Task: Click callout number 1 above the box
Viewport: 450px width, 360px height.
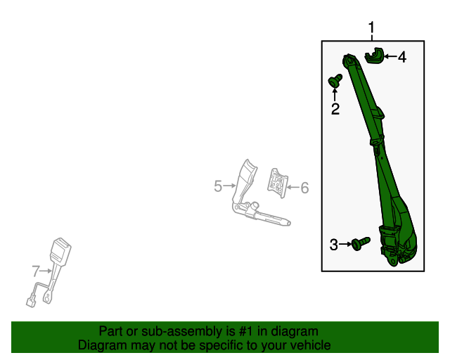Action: click(x=372, y=28)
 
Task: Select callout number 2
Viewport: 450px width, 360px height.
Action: click(x=335, y=108)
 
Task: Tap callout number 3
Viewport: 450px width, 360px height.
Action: click(x=334, y=245)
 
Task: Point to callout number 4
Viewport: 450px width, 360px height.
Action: click(x=402, y=58)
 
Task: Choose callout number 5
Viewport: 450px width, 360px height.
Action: click(x=218, y=186)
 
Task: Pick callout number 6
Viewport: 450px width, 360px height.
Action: click(x=304, y=188)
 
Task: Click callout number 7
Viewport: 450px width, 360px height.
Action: click(x=35, y=270)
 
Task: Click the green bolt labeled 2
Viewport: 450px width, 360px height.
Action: click(x=335, y=82)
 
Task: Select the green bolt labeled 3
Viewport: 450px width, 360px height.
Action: click(x=361, y=244)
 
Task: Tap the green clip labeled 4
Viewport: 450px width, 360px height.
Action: click(x=376, y=55)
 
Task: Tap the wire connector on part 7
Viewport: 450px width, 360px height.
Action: click(x=30, y=302)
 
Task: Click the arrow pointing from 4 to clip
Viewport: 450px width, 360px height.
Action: click(x=390, y=56)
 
